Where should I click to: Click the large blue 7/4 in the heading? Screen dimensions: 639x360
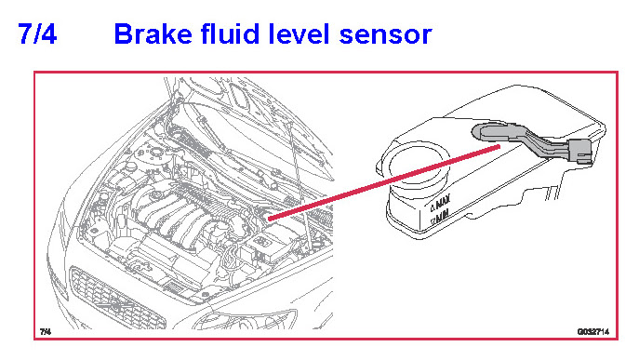click(x=37, y=33)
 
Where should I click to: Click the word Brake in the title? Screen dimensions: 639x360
click(x=153, y=33)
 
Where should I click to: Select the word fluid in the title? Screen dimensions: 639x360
click(x=231, y=33)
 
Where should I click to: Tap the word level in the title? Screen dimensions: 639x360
click(x=299, y=33)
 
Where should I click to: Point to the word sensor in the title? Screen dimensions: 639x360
click(x=385, y=36)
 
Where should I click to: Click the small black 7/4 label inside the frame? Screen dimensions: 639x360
click(x=46, y=331)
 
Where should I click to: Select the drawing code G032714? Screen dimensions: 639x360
click(x=592, y=332)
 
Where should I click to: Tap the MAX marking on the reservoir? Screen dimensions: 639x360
click(x=443, y=202)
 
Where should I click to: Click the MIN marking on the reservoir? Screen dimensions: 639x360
click(x=443, y=215)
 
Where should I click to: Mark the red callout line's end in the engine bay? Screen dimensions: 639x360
click(x=270, y=219)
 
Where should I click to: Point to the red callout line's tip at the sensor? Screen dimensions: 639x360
click(x=499, y=148)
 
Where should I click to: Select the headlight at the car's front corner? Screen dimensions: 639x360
click(x=245, y=319)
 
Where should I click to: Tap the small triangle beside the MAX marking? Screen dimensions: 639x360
click(x=433, y=208)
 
